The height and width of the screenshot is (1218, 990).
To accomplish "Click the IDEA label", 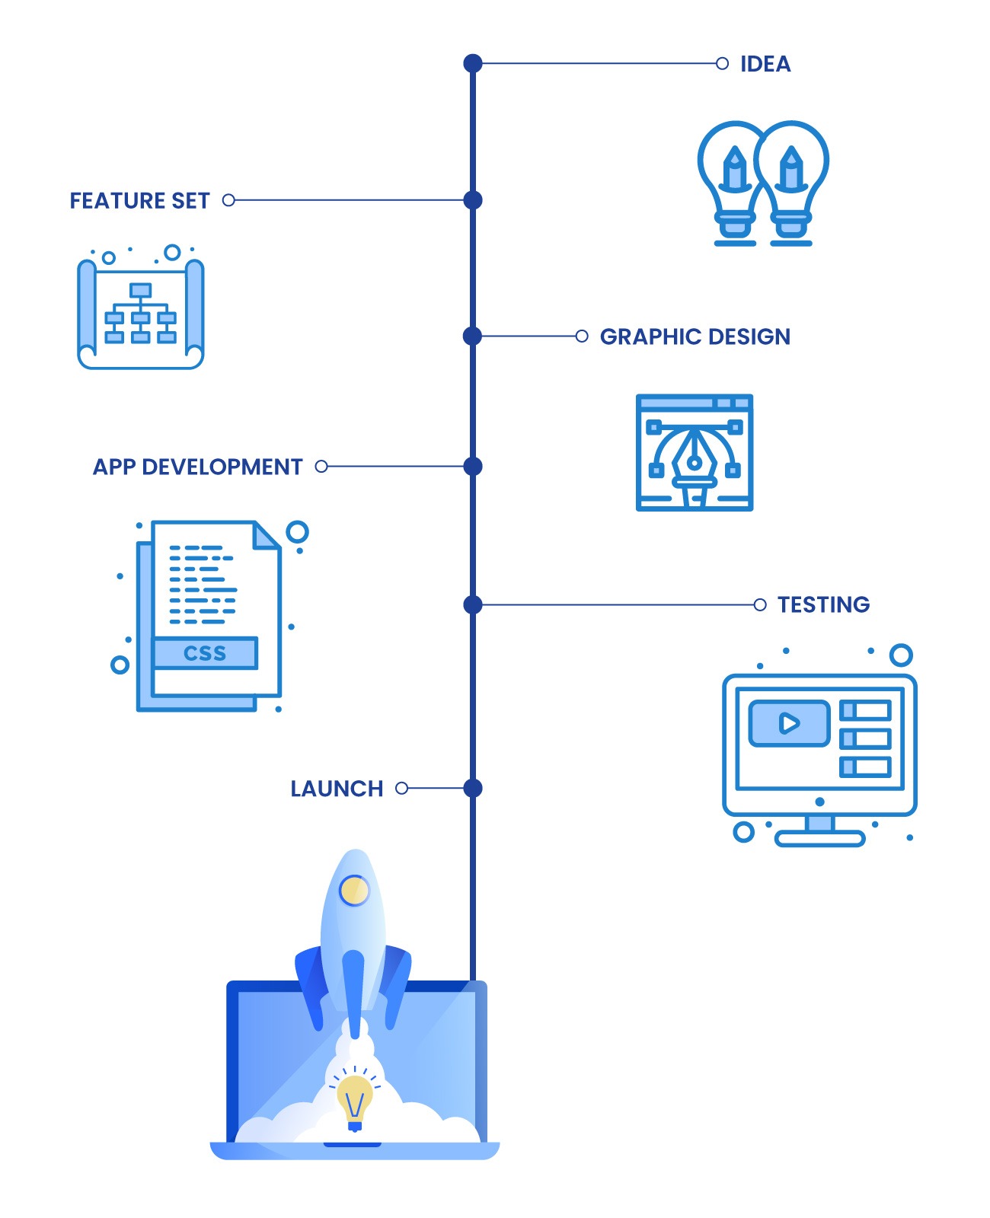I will (x=765, y=64).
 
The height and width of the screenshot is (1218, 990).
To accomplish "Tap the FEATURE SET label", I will (x=139, y=201).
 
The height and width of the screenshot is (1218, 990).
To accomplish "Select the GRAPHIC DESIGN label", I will (x=695, y=336).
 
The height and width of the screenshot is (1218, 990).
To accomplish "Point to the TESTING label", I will (x=823, y=604).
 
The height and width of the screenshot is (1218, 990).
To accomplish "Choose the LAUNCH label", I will (x=337, y=789).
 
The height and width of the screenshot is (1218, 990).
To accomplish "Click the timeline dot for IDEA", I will (x=473, y=63).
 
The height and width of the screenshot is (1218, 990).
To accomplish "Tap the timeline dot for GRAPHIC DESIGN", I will (x=473, y=336).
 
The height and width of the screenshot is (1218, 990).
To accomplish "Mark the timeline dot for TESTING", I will (x=473, y=604).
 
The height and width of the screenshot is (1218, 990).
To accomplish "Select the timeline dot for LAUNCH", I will (x=473, y=788).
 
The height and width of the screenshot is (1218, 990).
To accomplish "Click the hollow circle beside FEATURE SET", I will (x=228, y=200).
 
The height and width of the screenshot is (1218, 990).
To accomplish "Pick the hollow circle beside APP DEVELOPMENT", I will (x=321, y=466).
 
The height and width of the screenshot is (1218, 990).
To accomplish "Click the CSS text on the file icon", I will (x=205, y=653).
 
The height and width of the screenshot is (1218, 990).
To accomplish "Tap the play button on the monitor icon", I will (x=789, y=722).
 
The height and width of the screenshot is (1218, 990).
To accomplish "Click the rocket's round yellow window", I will (x=354, y=890).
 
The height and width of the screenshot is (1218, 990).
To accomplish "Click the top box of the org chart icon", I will (x=141, y=290).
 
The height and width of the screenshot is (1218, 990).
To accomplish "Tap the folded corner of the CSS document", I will (x=267, y=534).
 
